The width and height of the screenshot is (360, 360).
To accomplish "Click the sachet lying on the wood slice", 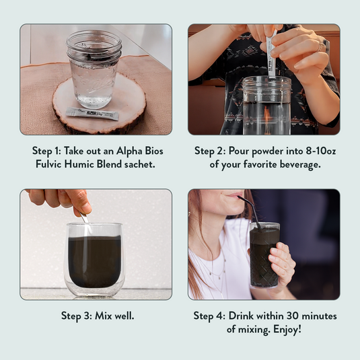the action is pyautogui.click(x=92, y=114).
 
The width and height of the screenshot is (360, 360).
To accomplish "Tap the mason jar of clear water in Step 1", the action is pyautogui.click(x=94, y=69).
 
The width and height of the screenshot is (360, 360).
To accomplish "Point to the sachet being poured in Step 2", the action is pyautogui.click(x=272, y=55).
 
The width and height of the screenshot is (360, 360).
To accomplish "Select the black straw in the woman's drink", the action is pyautogui.click(x=251, y=213).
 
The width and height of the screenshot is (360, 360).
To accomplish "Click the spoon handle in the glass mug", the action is pyautogui.click(x=84, y=217).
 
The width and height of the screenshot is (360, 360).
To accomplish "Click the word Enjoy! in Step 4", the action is pyautogui.click(x=287, y=329).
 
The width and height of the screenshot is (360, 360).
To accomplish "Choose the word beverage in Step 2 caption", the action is pyautogui.click(x=300, y=164).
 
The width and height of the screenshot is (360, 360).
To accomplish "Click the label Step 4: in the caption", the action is pyautogui.click(x=209, y=316).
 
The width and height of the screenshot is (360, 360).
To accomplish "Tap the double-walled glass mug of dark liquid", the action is pyautogui.click(x=94, y=260).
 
